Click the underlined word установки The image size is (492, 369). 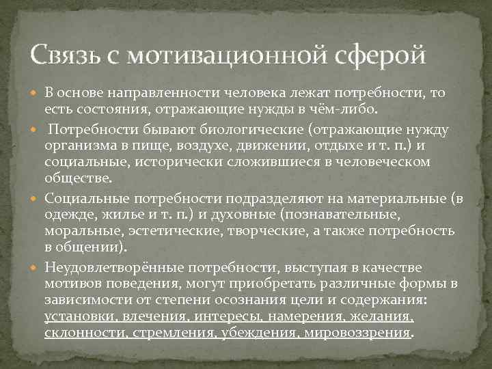tap(78, 316)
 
